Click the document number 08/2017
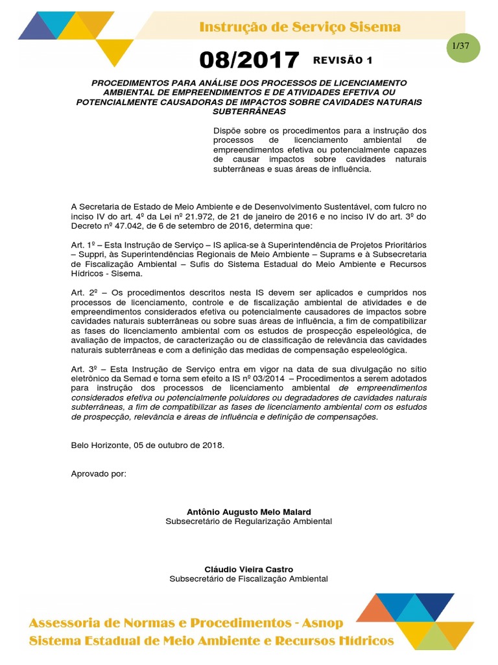(250, 60)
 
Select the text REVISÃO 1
(342, 60)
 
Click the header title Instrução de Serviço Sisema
(299, 27)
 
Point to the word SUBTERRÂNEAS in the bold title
(249, 111)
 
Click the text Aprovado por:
(99, 473)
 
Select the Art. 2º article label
(83, 293)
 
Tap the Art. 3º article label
(83, 369)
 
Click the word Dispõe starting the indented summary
(228, 131)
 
